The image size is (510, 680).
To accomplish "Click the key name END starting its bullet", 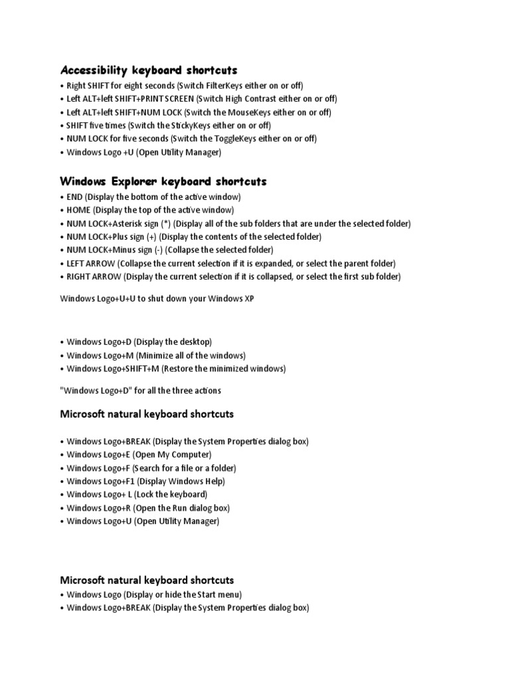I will (x=75, y=197).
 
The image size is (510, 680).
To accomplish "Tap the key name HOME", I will (x=78, y=211).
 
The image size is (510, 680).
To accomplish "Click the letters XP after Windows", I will (x=249, y=299).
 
